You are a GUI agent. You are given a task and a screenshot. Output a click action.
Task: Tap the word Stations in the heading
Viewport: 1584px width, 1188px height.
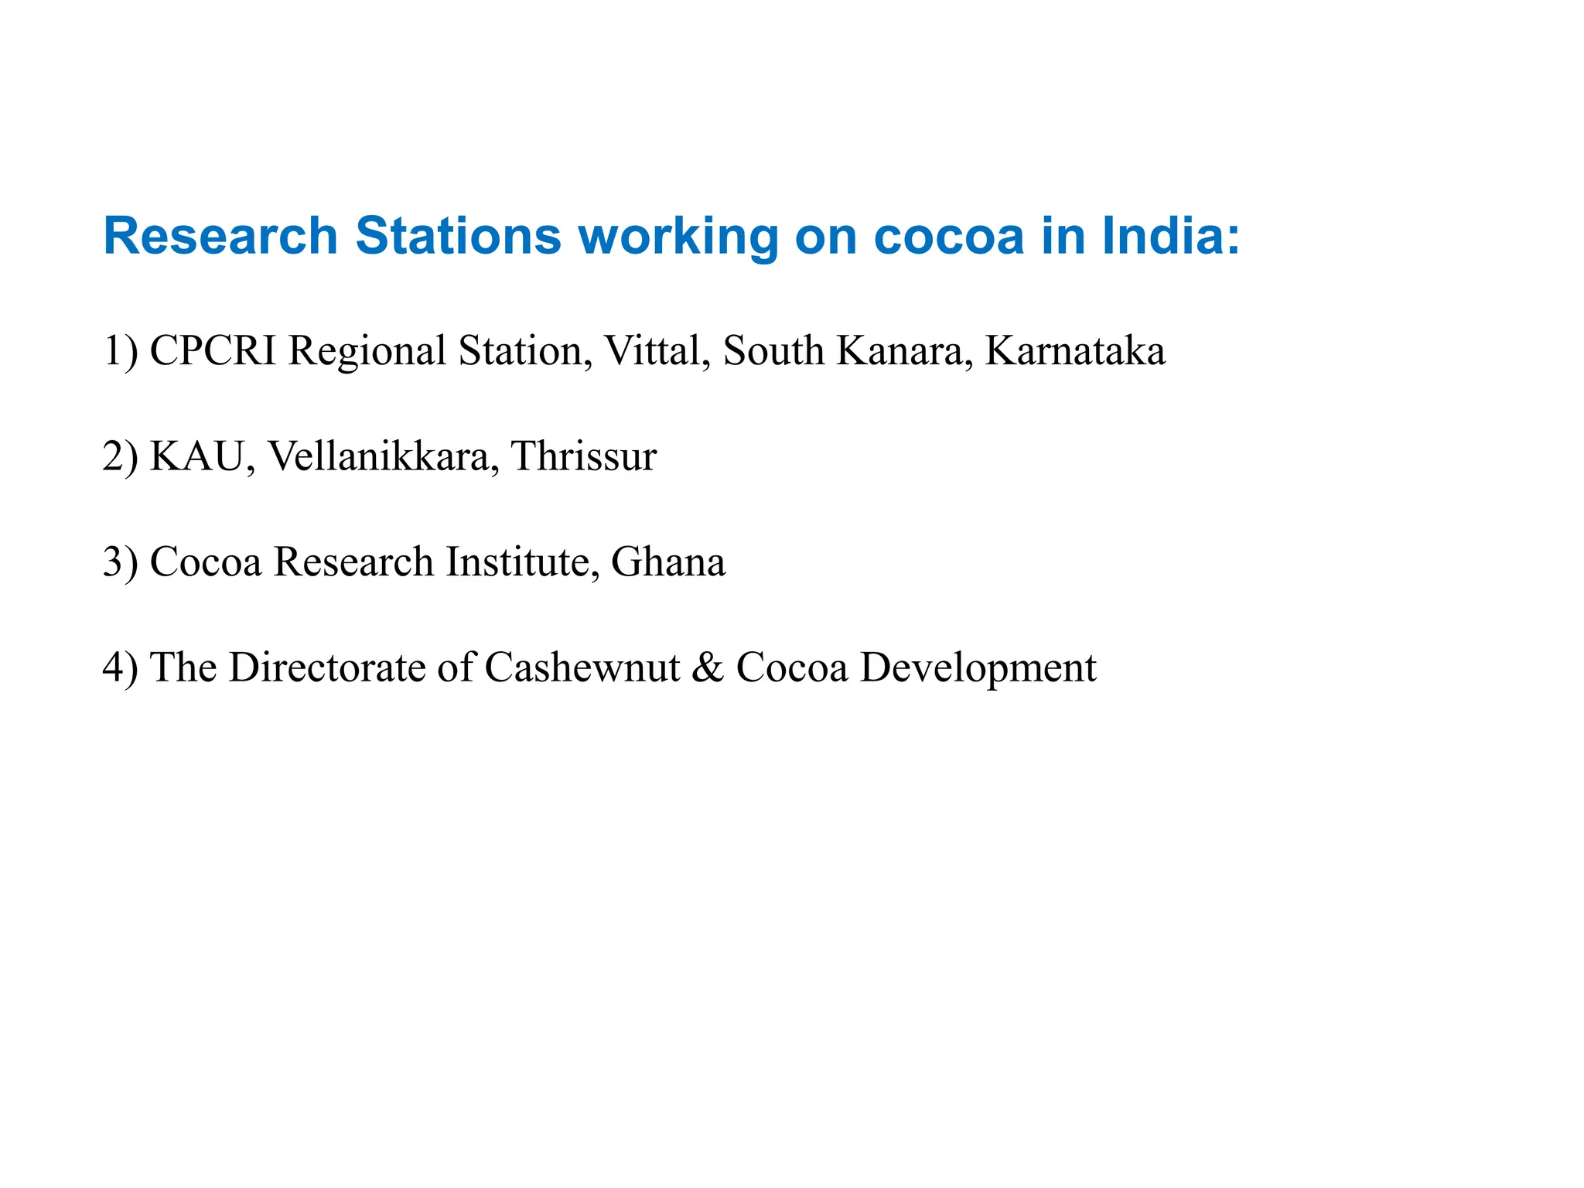(458, 235)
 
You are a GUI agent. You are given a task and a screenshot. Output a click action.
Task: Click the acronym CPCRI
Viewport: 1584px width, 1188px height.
(213, 350)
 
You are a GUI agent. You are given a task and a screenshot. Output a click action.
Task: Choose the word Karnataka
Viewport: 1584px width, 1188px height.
(1075, 350)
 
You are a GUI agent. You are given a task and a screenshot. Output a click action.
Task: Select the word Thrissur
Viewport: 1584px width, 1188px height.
(583, 456)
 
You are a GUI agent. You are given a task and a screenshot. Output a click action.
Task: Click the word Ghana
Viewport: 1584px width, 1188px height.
(668, 562)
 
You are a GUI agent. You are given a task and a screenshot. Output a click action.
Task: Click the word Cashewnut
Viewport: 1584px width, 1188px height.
(582, 667)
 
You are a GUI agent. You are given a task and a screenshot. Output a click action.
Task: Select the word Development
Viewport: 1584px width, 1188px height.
(978, 667)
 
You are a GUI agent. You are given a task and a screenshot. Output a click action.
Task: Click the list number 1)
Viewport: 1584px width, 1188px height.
(121, 350)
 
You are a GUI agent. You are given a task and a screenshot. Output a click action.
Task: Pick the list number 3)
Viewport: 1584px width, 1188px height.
(121, 562)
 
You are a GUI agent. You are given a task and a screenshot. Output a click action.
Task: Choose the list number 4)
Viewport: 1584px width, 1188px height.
(121, 667)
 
